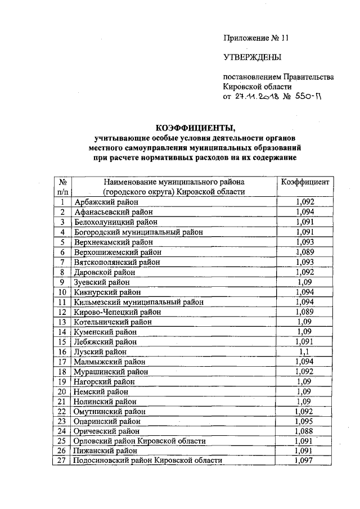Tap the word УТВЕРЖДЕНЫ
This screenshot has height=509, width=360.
251,57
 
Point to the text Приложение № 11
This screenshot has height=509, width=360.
255,38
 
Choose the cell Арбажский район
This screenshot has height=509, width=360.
106,202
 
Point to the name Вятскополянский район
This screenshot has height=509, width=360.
117,262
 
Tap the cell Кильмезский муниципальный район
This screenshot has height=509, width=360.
138,302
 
